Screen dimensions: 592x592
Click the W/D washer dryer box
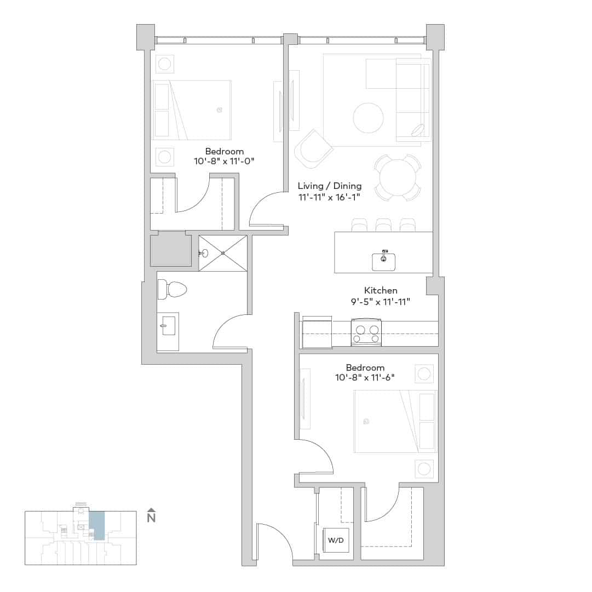point(336,540)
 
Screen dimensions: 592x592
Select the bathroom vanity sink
point(168,325)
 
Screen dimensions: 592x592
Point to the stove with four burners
point(366,334)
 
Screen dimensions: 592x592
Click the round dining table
point(398,177)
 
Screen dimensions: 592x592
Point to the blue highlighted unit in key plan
point(97,525)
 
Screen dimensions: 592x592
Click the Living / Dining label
point(329,186)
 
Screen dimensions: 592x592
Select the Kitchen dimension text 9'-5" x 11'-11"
point(381,302)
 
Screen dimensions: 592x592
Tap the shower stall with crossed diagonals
point(223,253)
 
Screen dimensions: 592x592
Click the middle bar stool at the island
point(383,225)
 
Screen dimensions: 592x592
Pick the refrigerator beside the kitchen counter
point(317,332)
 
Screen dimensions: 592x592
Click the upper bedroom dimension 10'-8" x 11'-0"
point(225,162)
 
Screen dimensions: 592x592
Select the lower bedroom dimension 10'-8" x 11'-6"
point(365,377)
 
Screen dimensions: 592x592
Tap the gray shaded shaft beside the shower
point(170,249)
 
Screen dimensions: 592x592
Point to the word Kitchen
point(381,290)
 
